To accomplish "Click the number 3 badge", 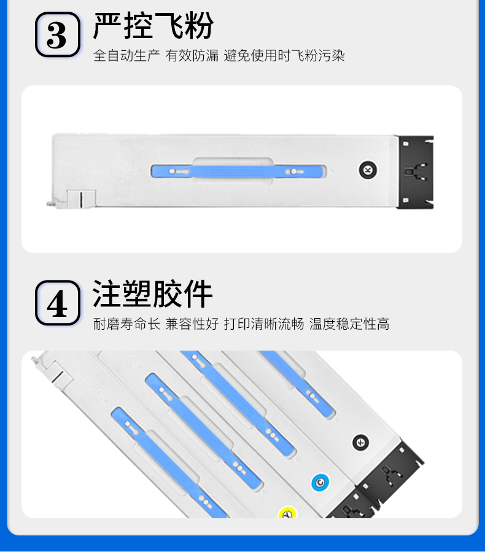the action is (58, 34).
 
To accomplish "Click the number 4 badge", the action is (58, 303).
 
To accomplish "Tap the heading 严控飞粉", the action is (153, 25).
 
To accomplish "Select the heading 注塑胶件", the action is (152, 294).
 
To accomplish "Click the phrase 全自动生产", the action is (126, 56).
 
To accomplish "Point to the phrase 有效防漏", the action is (192, 56).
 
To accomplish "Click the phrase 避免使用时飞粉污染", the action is (284, 56).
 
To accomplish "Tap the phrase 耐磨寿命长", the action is (126, 324).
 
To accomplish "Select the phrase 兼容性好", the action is (192, 324).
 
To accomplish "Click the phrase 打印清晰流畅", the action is (264, 324).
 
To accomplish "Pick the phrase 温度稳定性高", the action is (349, 324).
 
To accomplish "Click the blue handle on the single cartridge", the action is (237, 172).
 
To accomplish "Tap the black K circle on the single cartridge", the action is (368, 170).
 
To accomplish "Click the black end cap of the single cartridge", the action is (416, 172).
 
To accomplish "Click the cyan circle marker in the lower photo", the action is (320, 482).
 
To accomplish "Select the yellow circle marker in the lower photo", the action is (287, 513).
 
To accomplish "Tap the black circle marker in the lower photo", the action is (361, 443).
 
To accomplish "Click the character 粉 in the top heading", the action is (199, 25).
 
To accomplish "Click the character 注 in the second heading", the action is (107, 294).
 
